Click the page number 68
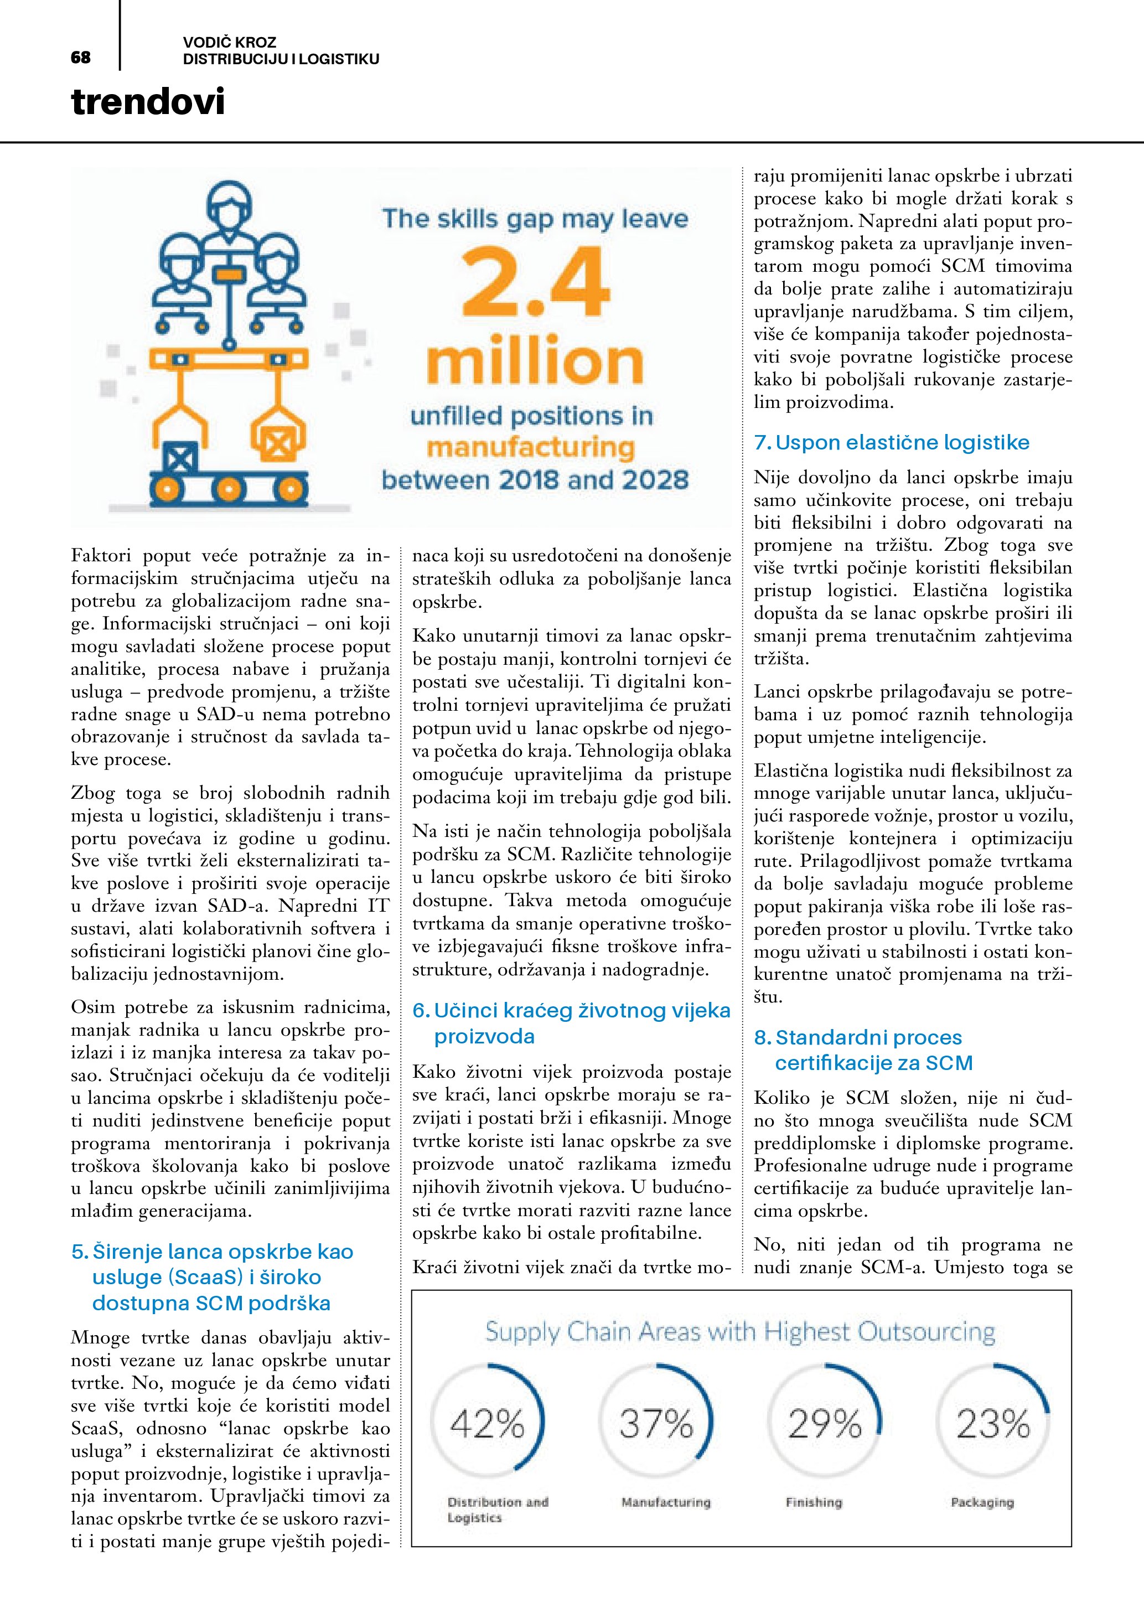(x=81, y=58)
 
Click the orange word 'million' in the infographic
(x=535, y=362)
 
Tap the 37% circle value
(x=656, y=1424)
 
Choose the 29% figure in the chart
(x=825, y=1424)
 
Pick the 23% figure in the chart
(x=993, y=1424)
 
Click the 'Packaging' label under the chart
(x=982, y=1502)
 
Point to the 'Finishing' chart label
(x=814, y=1502)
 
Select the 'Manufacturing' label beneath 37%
(x=666, y=1502)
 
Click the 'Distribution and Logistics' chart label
(x=498, y=1510)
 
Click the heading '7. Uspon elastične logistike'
(x=892, y=442)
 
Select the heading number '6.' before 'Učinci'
(x=421, y=1011)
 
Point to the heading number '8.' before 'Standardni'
(x=763, y=1037)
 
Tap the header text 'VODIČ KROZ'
(x=230, y=42)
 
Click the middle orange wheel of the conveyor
(x=228, y=488)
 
